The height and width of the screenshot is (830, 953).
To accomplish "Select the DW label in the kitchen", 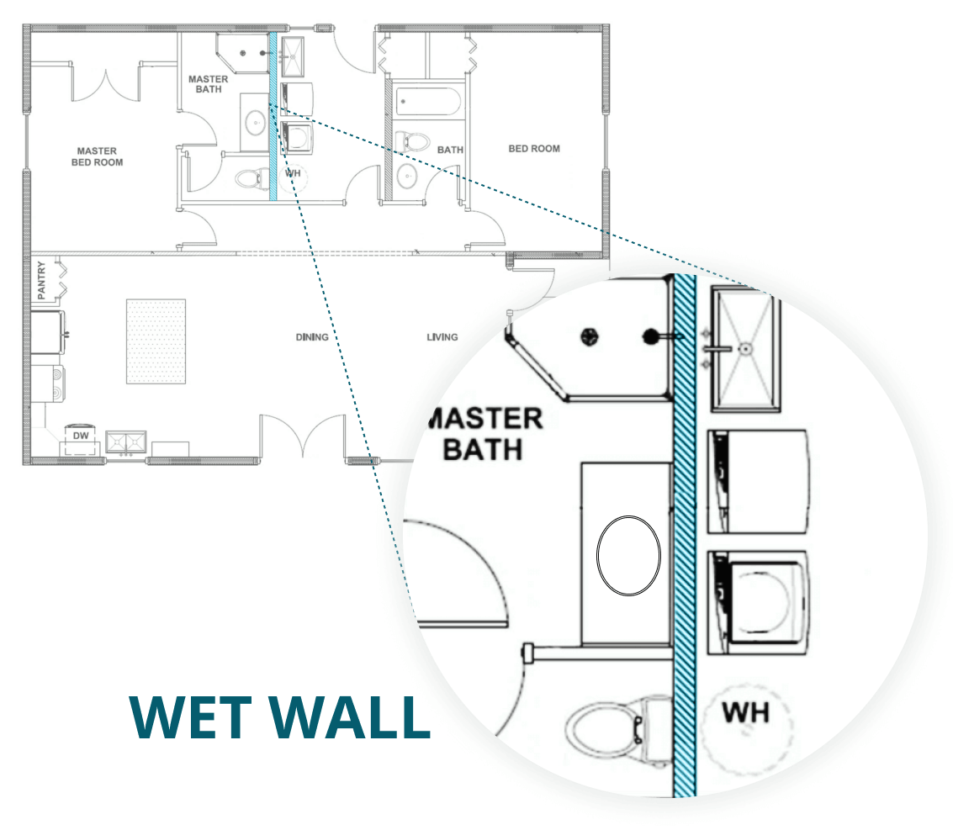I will click(81, 436).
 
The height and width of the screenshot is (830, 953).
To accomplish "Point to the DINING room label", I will click(311, 337).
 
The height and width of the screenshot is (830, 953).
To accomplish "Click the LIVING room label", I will click(442, 337).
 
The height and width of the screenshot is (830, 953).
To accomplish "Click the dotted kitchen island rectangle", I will click(156, 341).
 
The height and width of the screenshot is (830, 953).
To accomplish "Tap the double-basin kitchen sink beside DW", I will click(126, 441).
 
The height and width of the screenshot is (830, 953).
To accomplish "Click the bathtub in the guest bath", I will click(428, 103).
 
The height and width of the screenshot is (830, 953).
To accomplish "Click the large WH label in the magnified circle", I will click(746, 712).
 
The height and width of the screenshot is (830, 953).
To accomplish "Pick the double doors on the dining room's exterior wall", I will click(304, 437).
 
